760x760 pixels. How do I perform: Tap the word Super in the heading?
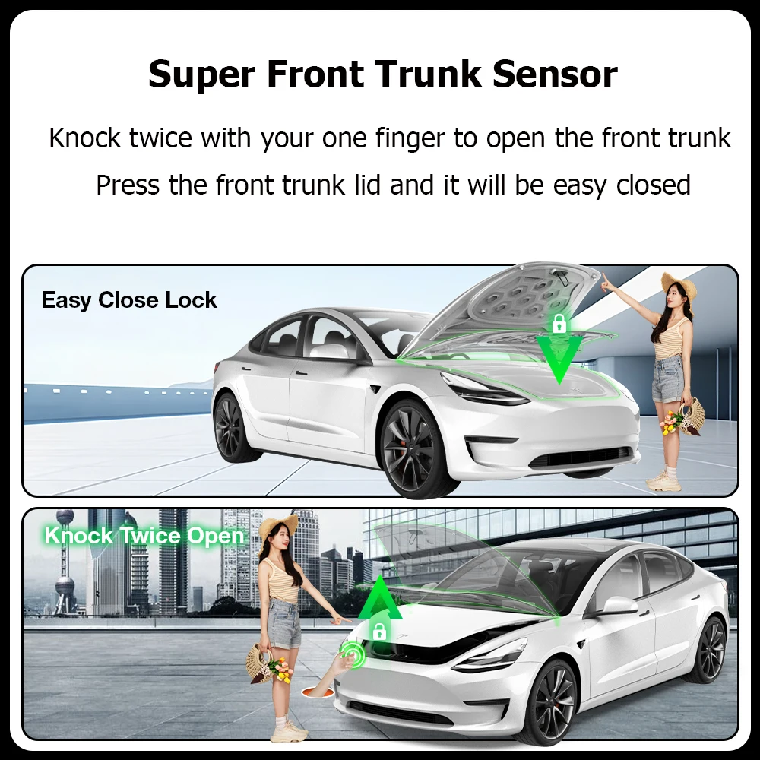(x=200, y=74)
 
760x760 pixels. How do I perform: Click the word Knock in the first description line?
(x=85, y=138)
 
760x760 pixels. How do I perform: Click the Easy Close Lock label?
(x=129, y=300)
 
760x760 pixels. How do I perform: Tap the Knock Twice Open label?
(x=144, y=536)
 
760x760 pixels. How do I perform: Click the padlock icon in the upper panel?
(x=560, y=325)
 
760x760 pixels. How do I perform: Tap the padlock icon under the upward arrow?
(x=378, y=630)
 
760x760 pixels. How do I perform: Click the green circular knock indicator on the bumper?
(x=352, y=652)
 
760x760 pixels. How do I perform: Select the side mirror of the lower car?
(x=619, y=606)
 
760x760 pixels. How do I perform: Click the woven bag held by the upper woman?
(x=692, y=416)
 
